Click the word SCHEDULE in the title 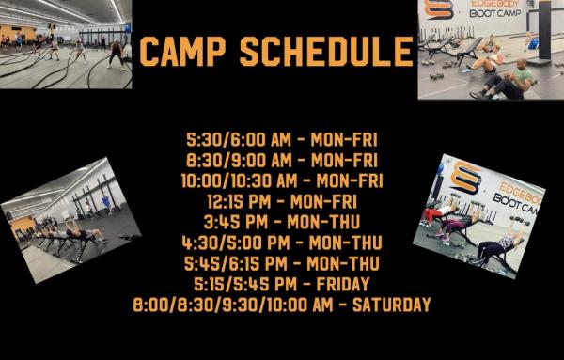326,52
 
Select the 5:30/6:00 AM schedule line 282,139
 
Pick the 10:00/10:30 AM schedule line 282,180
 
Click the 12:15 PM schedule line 282,200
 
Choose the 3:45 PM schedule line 282,222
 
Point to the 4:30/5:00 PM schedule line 282,243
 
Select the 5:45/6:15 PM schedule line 282,263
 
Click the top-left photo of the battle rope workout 66,44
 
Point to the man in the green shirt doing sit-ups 512,78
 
